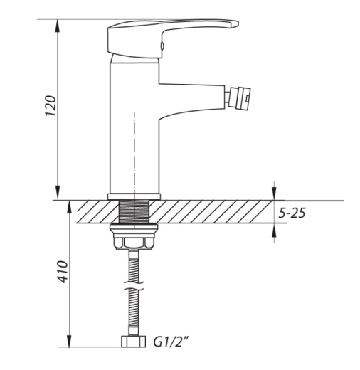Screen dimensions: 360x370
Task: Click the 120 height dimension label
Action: tap(51, 105)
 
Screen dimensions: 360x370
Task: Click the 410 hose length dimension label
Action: tap(63, 272)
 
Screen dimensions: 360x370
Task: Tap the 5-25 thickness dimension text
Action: tap(292, 213)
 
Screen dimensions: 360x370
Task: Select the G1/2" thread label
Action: tap(171, 342)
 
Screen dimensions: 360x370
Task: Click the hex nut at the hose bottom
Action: tap(133, 342)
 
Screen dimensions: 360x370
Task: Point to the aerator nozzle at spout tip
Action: tap(238, 98)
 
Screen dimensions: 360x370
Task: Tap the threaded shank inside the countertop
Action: tap(134, 211)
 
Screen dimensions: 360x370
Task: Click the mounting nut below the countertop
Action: tap(134, 236)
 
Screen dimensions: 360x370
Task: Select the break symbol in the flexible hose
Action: tap(134, 285)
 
